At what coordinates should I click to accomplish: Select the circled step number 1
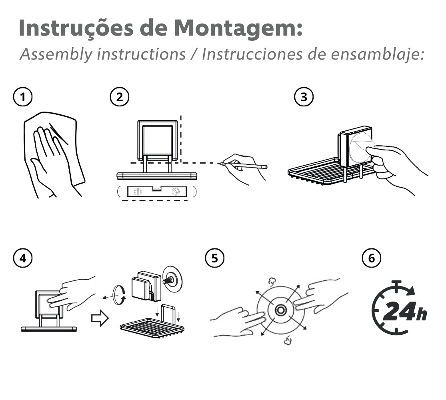(23, 97)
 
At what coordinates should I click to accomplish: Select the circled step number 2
(119, 97)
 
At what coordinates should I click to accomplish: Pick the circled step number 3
(304, 97)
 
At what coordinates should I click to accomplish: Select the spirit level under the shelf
(156, 192)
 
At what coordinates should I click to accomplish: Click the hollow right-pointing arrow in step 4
(98, 319)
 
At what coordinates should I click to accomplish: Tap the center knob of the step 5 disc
(280, 309)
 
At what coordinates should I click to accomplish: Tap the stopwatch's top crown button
(397, 283)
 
